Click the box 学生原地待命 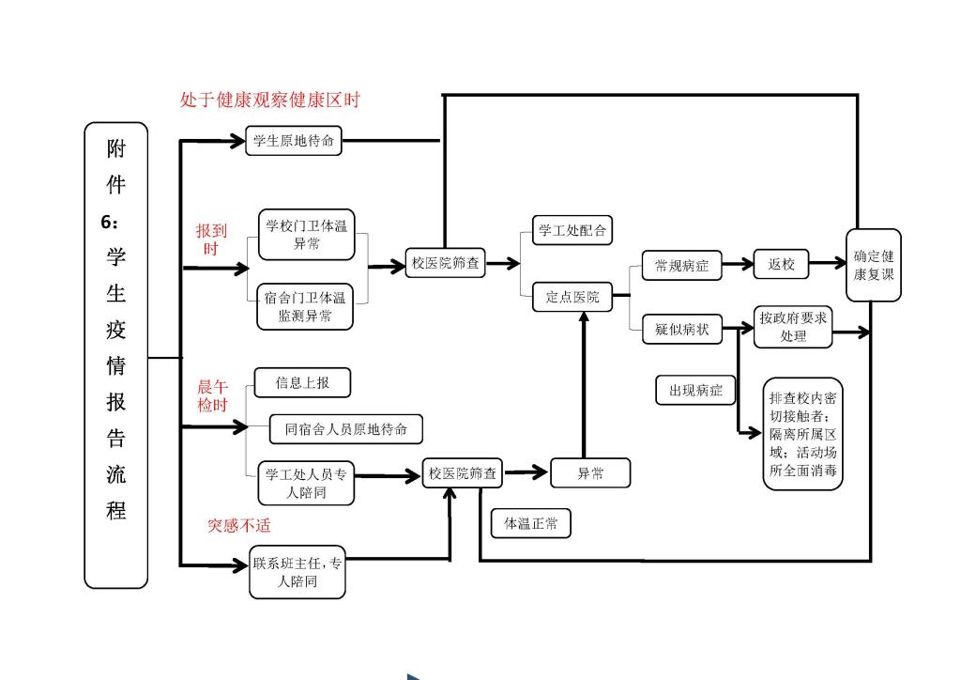pyautogui.click(x=294, y=141)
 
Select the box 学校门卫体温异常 pyautogui.click(x=307, y=234)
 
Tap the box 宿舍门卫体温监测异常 pyautogui.click(x=305, y=306)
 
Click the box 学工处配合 pyautogui.click(x=572, y=230)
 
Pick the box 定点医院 pyautogui.click(x=572, y=297)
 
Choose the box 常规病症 pyautogui.click(x=681, y=266)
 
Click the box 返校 pyautogui.click(x=782, y=264)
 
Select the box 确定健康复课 pyautogui.click(x=874, y=265)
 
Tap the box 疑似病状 pyautogui.click(x=681, y=330)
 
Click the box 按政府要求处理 pyautogui.click(x=793, y=327)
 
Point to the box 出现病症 pyautogui.click(x=695, y=390)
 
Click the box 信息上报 pyautogui.click(x=302, y=382)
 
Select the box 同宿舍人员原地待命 pyautogui.click(x=346, y=428)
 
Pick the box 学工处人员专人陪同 pyautogui.click(x=306, y=483)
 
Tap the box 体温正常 pyautogui.click(x=531, y=523)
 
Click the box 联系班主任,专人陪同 pyautogui.click(x=297, y=571)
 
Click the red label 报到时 pyautogui.click(x=211, y=240)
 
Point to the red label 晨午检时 pyautogui.click(x=213, y=395)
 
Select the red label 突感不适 pyautogui.click(x=239, y=525)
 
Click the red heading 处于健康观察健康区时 pyautogui.click(x=270, y=100)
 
